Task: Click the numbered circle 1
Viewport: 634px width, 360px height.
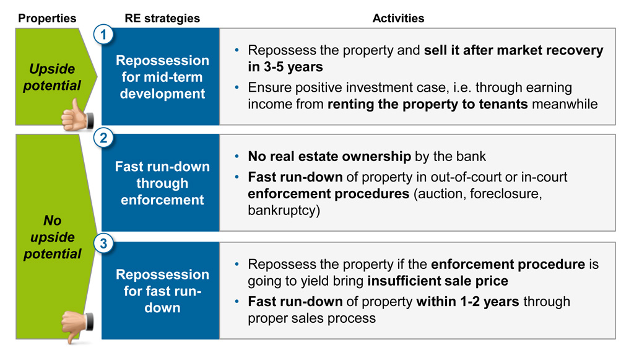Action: (x=103, y=34)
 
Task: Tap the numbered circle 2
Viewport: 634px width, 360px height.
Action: (x=103, y=138)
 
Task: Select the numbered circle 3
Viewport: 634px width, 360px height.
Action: (x=103, y=244)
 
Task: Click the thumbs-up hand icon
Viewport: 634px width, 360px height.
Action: (x=77, y=116)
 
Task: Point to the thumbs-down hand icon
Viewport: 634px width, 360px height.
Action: (x=77, y=327)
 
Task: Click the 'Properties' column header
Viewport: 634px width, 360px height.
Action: (x=47, y=18)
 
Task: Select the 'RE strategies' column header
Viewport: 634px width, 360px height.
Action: (x=162, y=18)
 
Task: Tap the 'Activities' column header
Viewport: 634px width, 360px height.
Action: (x=398, y=18)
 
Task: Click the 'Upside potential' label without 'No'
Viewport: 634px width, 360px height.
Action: (x=52, y=77)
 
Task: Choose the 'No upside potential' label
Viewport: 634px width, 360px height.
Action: (x=52, y=237)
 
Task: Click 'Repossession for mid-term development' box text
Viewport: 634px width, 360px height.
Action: (x=163, y=77)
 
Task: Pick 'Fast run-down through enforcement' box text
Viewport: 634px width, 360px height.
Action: (x=163, y=183)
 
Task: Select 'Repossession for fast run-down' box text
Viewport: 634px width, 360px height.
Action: (x=163, y=291)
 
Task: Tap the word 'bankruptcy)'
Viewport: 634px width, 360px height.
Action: (x=284, y=210)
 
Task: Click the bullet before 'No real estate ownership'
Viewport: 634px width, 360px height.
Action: (x=237, y=157)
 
